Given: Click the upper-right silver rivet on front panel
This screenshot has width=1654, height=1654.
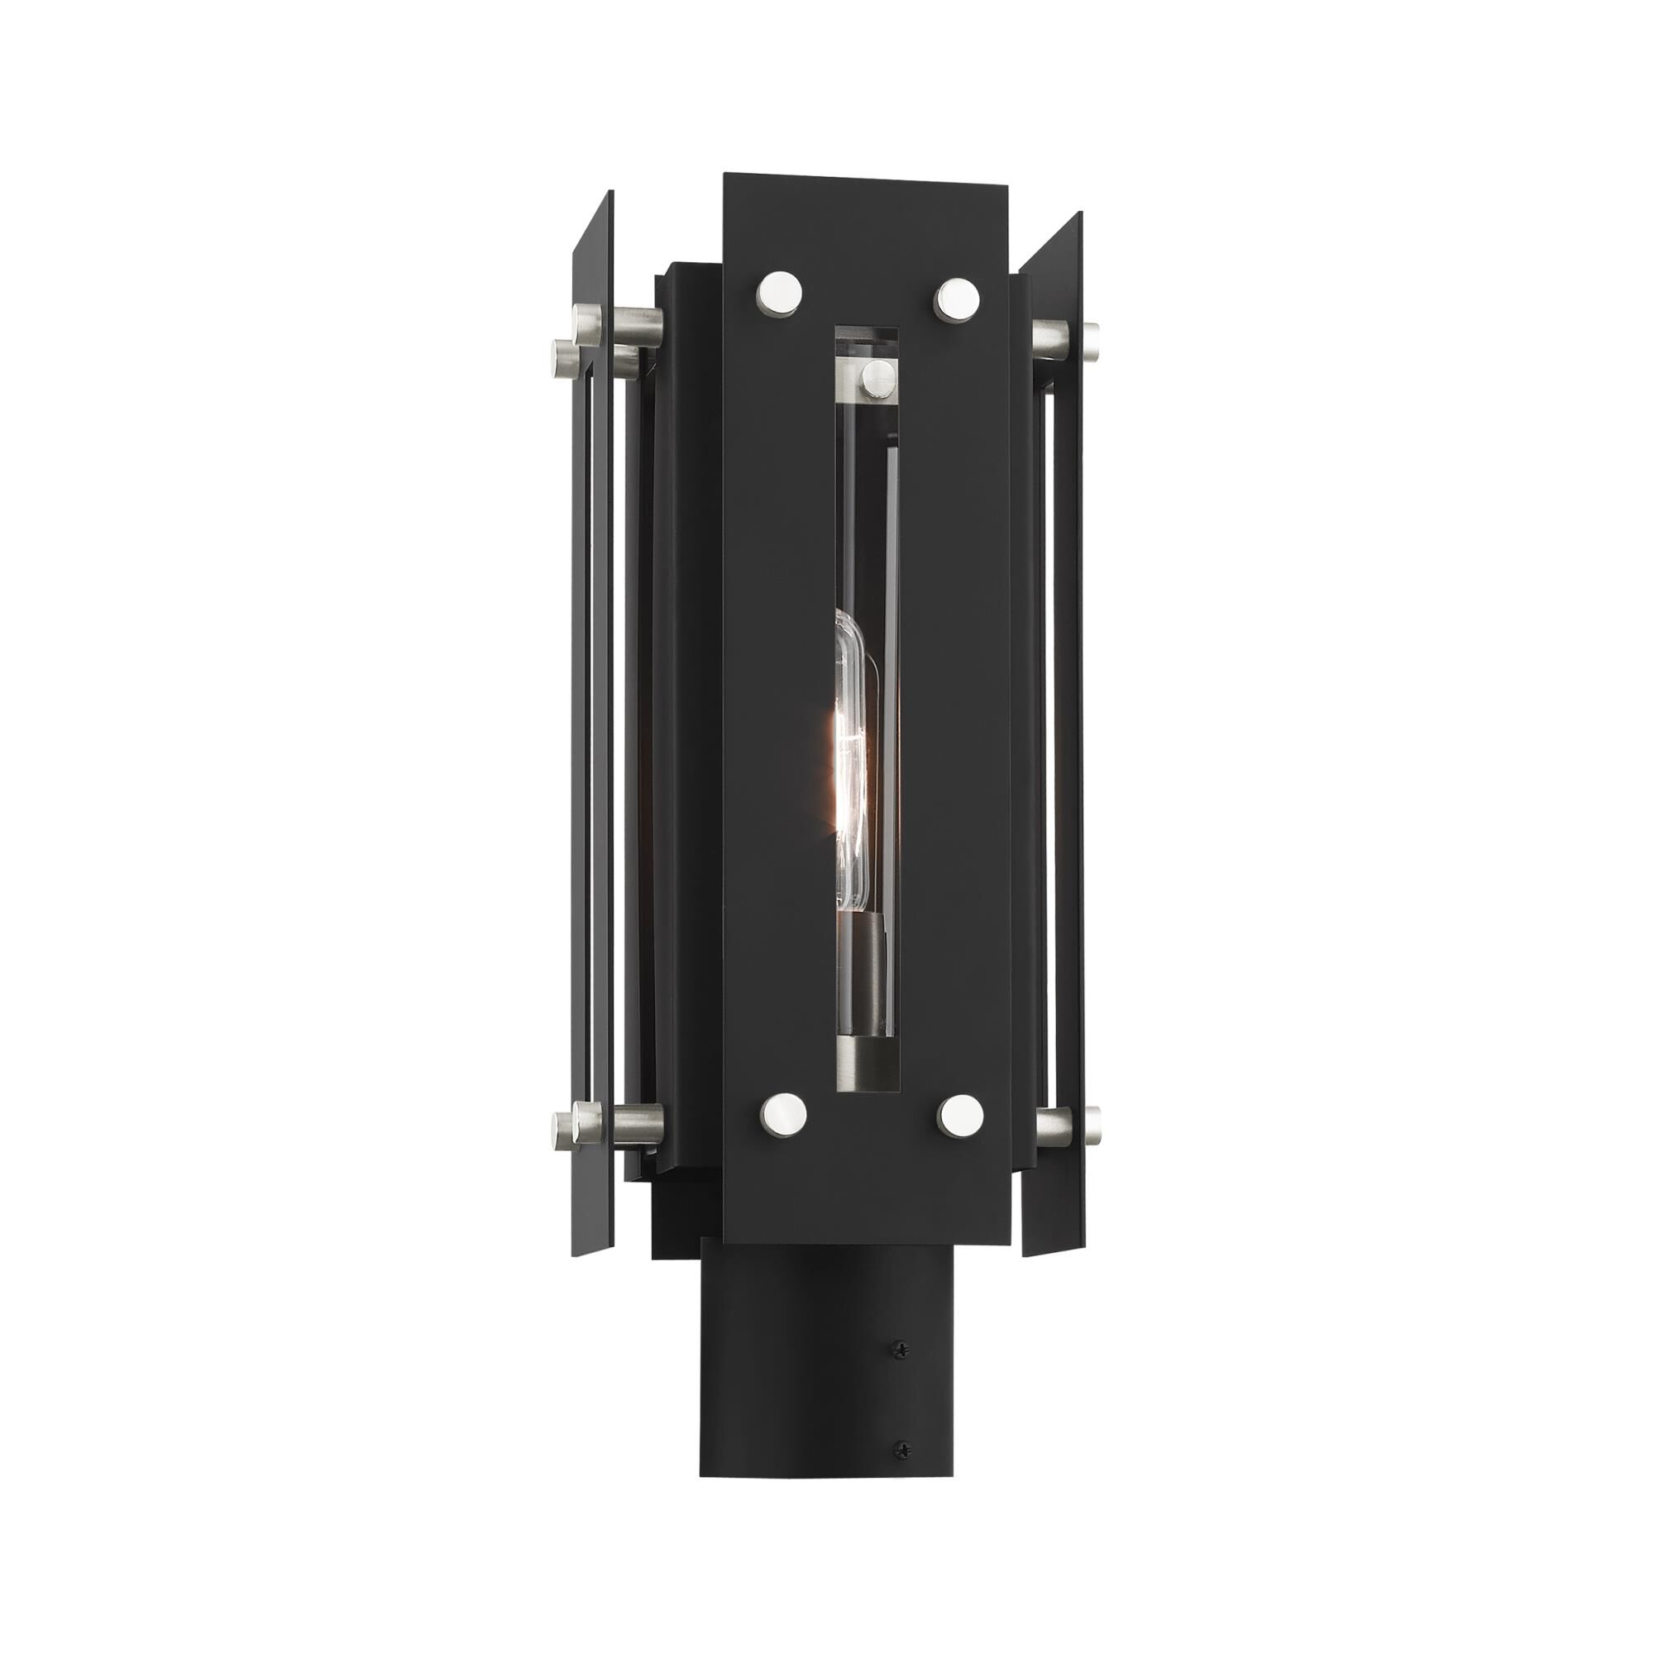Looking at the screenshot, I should point(958,299).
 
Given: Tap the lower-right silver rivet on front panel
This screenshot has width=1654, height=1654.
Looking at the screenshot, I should point(958,1112).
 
